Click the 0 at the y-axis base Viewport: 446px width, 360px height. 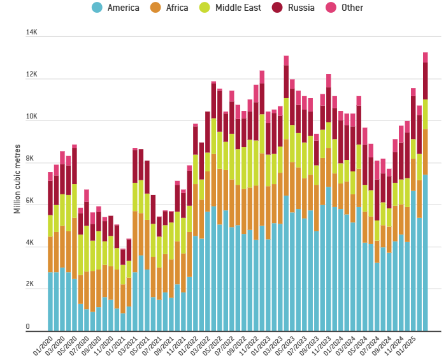(28, 327)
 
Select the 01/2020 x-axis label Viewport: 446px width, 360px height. (43, 345)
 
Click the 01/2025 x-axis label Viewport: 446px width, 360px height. (406, 345)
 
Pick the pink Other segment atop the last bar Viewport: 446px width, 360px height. (425, 57)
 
